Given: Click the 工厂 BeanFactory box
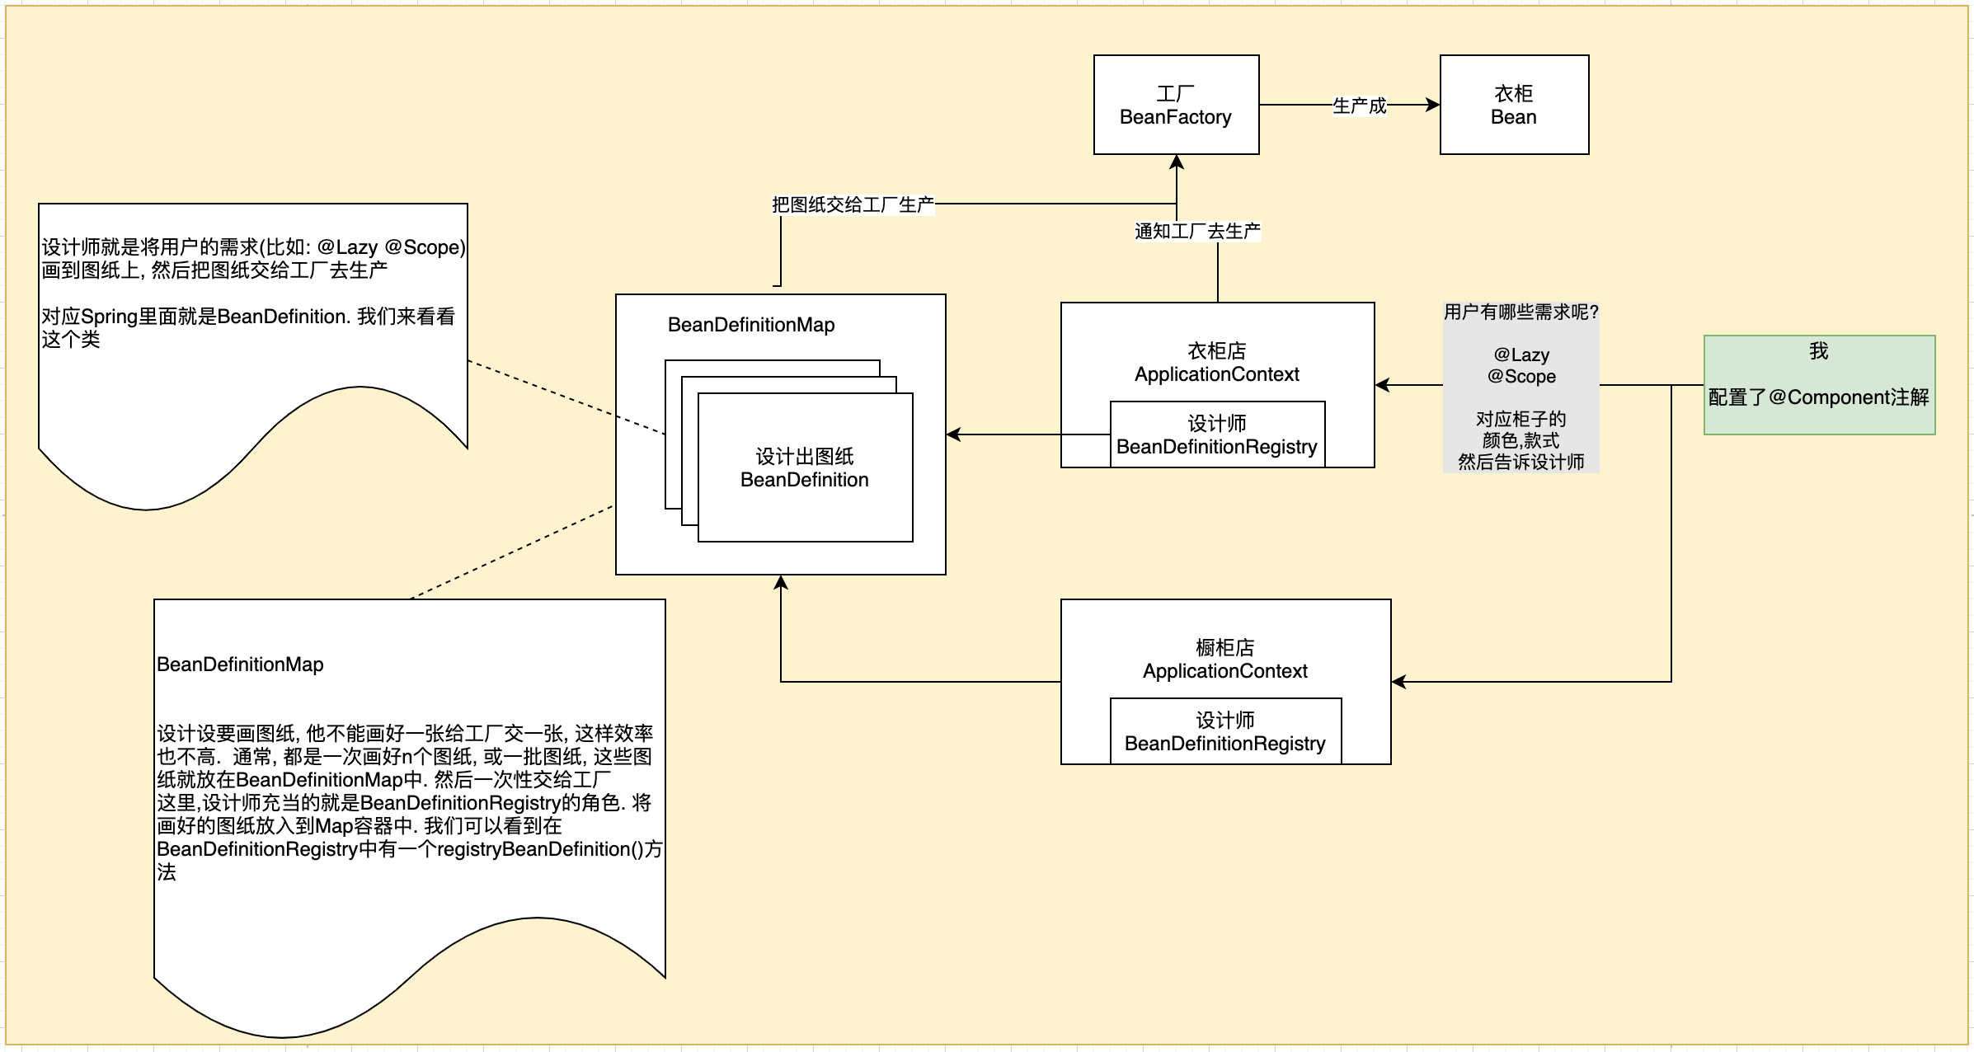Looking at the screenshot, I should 1176,105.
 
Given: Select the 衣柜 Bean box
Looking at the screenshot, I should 1513,105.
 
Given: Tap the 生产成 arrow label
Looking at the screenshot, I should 1359,106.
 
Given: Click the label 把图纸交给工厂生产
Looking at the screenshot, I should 853,204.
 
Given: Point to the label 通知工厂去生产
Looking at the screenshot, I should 1197,231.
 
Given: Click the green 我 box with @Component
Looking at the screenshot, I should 1818,384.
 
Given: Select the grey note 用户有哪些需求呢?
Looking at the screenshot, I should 1520,386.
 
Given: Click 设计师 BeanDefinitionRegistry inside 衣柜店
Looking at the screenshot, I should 1217,434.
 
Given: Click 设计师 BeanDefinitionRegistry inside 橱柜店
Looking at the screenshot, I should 1225,731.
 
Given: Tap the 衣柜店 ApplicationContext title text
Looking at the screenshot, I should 1217,363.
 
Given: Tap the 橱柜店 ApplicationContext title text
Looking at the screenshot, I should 1225,660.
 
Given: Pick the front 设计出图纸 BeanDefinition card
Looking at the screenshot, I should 805,467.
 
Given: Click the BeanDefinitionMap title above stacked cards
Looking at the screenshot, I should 751,325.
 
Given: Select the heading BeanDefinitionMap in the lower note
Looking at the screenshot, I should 240,665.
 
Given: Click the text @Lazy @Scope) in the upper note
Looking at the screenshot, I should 392,247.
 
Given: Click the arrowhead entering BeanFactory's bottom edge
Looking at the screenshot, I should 1177,162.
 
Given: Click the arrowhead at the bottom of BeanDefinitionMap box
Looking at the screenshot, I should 781,582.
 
